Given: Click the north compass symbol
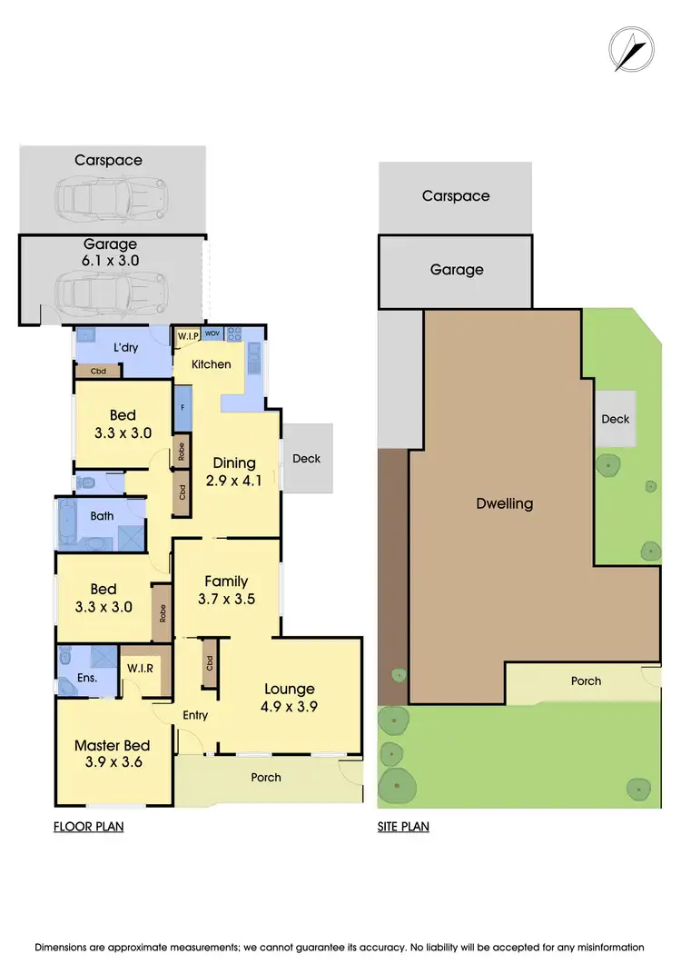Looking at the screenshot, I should pyautogui.click(x=631, y=49).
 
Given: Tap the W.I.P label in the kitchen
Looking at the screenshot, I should pyautogui.click(x=188, y=336).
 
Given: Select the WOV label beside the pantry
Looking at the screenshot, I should pyautogui.click(x=212, y=334).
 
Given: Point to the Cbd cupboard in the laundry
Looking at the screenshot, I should pyautogui.click(x=98, y=371).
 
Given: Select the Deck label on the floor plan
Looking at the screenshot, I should pyautogui.click(x=307, y=459).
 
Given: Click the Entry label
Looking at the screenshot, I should pyautogui.click(x=195, y=715).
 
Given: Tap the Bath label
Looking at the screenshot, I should pyautogui.click(x=102, y=516).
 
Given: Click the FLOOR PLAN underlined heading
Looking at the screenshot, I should pyautogui.click(x=88, y=827).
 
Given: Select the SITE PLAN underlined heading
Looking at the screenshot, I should pyautogui.click(x=403, y=827).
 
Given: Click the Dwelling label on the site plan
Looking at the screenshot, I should pyautogui.click(x=505, y=503).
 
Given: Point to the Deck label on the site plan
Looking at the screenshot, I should pyautogui.click(x=616, y=419).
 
